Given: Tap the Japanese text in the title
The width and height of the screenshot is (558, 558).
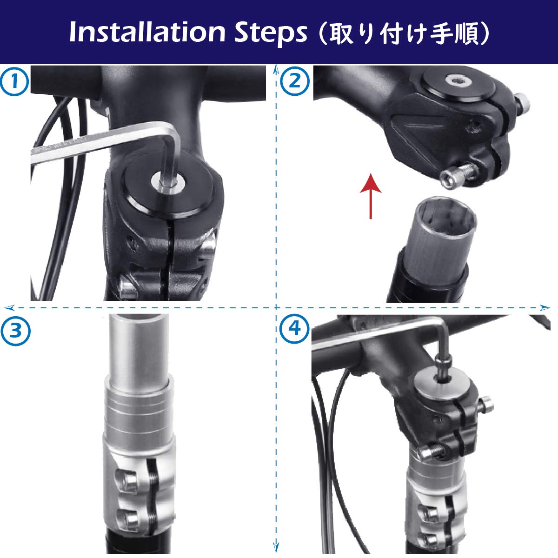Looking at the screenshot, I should (x=402, y=33).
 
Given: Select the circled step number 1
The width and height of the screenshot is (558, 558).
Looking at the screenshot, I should (x=13, y=82).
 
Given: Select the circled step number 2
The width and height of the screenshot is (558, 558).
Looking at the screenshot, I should (x=295, y=82).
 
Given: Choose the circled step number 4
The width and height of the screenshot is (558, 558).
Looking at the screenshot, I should (x=295, y=330).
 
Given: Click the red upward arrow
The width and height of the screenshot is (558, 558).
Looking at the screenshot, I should (x=371, y=195).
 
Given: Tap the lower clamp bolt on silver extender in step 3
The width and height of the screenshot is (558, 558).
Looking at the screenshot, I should (x=126, y=516).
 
